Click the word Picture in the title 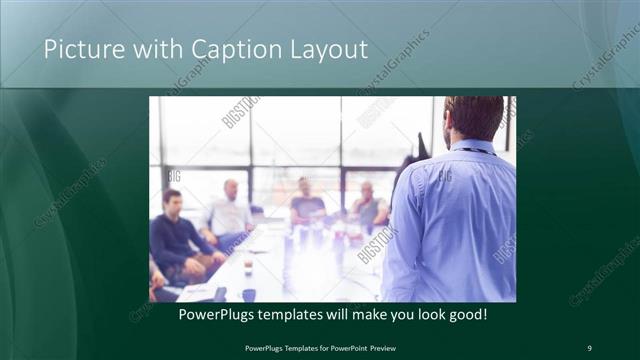click(x=79, y=49)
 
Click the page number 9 click(x=589, y=347)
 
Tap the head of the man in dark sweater click(x=172, y=199)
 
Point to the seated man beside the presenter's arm click(x=368, y=205)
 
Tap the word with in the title click(x=147, y=49)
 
